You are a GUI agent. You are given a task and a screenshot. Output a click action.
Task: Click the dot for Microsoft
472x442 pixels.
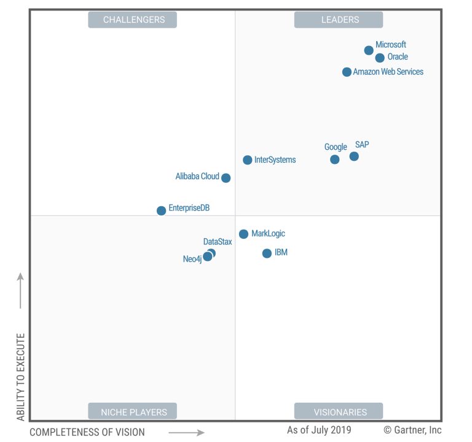click(369, 50)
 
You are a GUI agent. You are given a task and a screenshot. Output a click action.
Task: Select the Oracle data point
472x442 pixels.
click(380, 58)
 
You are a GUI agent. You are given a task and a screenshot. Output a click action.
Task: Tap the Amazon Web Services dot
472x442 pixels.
click(347, 72)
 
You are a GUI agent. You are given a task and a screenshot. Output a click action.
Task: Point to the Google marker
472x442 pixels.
click(335, 160)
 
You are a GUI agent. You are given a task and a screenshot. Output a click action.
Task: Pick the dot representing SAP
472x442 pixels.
click(354, 157)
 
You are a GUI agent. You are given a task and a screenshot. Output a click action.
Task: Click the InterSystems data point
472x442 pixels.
click(248, 160)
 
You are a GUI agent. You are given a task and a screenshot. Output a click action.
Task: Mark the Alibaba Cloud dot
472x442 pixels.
click(226, 178)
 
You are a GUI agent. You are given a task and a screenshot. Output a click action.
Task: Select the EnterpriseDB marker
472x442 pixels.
click(161, 211)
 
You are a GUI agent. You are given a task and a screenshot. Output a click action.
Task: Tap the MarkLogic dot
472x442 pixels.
click(243, 234)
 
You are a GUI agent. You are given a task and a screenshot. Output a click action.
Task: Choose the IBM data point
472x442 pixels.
click(267, 254)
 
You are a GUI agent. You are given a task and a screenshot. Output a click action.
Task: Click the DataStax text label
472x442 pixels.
click(218, 242)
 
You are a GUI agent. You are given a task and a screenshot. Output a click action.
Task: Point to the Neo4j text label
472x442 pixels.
click(192, 259)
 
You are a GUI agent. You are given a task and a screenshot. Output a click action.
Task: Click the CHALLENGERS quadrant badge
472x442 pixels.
click(133, 20)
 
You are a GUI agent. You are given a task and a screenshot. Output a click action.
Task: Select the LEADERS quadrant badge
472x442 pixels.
click(339, 20)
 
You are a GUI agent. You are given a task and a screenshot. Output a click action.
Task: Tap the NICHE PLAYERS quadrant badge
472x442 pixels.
click(133, 411)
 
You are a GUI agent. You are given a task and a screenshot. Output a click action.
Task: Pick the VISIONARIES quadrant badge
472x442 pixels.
click(339, 411)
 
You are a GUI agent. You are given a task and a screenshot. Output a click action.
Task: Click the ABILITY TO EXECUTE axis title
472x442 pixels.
click(21, 377)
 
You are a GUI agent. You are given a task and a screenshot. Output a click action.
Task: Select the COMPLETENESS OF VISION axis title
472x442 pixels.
click(87, 432)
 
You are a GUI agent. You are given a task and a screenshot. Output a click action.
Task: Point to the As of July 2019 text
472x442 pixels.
click(319, 430)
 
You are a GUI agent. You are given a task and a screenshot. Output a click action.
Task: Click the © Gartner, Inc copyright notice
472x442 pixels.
click(412, 430)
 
